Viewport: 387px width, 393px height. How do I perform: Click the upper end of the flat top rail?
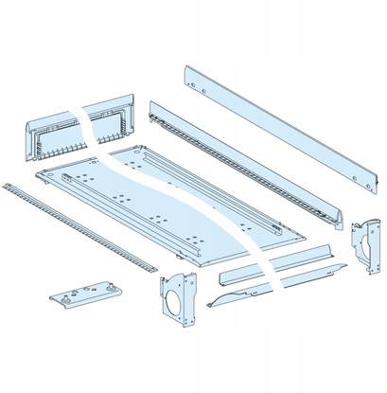click(190, 73)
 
